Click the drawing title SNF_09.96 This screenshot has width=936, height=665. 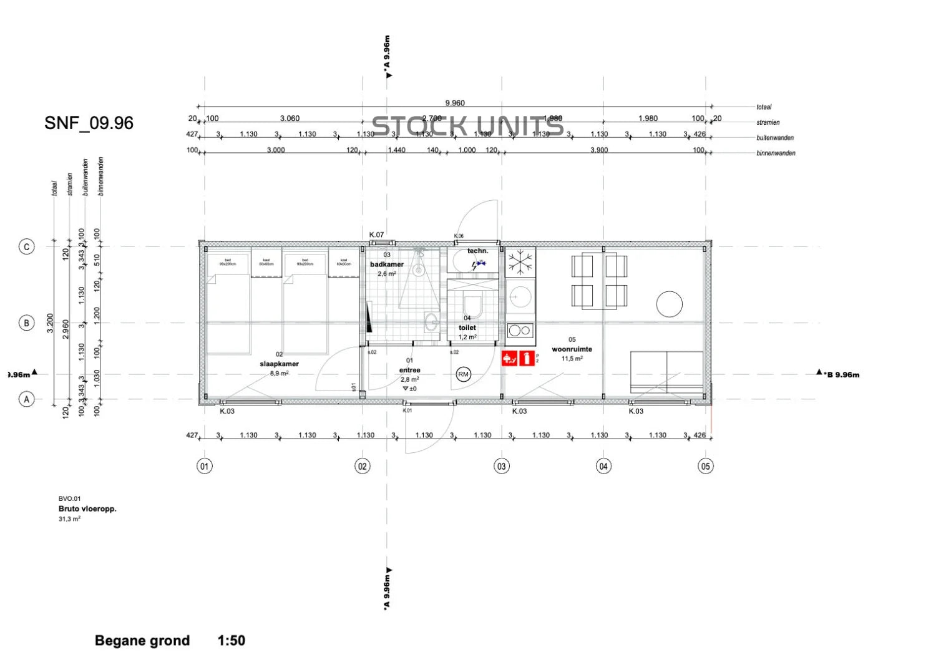(x=89, y=123)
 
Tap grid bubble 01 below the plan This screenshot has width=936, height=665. (x=205, y=466)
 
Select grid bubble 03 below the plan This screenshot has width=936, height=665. (x=502, y=466)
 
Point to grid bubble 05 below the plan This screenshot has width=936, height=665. (x=706, y=466)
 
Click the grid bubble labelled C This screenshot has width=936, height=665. (x=26, y=247)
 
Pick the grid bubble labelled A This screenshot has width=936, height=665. (x=26, y=399)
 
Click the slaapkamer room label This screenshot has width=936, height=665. (x=279, y=364)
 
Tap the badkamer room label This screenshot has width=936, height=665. (x=387, y=265)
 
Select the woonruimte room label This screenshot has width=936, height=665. (x=572, y=349)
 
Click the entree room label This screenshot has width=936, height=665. (x=409, y=370)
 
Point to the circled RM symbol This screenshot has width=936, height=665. (x=463, y=374)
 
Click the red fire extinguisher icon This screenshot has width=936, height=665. (x=527, y=358)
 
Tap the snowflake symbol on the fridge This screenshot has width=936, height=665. (x=520, y=263)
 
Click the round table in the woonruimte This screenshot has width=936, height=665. (x=669, y=304)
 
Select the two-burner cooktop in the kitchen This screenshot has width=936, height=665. (x=520, y=331)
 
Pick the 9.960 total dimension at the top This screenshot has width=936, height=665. (x=455, y=103)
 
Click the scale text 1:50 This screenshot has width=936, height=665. (x=232, y=641)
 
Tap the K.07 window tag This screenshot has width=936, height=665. (x=376, y=235)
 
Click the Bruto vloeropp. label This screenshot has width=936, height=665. (x=87, y=508)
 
